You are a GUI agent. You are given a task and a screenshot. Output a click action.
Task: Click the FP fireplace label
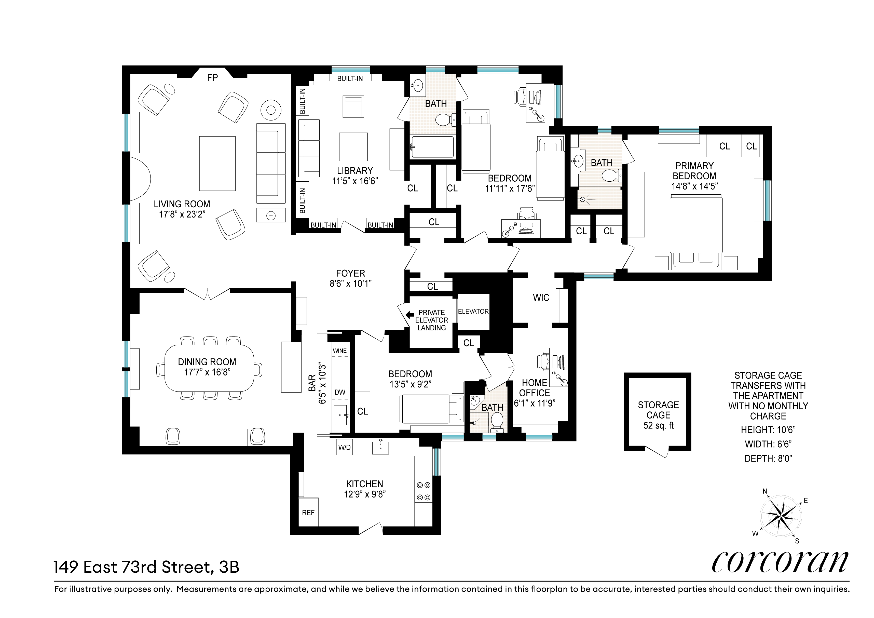click(x=212, y=78)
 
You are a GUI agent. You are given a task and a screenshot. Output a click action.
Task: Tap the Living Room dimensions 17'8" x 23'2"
click(x=182, y=214)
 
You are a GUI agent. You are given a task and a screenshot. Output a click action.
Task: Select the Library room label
click(x=355, y=171)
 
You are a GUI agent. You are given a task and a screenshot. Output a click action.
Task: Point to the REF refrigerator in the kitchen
click(x=308, y=513)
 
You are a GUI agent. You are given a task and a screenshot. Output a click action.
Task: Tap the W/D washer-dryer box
click(x=345, y=447)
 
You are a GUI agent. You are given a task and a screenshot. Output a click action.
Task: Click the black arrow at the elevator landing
click(x=409, y=315)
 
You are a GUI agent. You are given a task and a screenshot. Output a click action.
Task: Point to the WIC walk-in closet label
click(x=541, y=298)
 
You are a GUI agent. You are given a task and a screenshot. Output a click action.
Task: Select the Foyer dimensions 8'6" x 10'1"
click(x=351, y=284)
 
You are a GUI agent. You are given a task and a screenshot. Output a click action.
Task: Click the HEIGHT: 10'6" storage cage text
click(x=768, y=430)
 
